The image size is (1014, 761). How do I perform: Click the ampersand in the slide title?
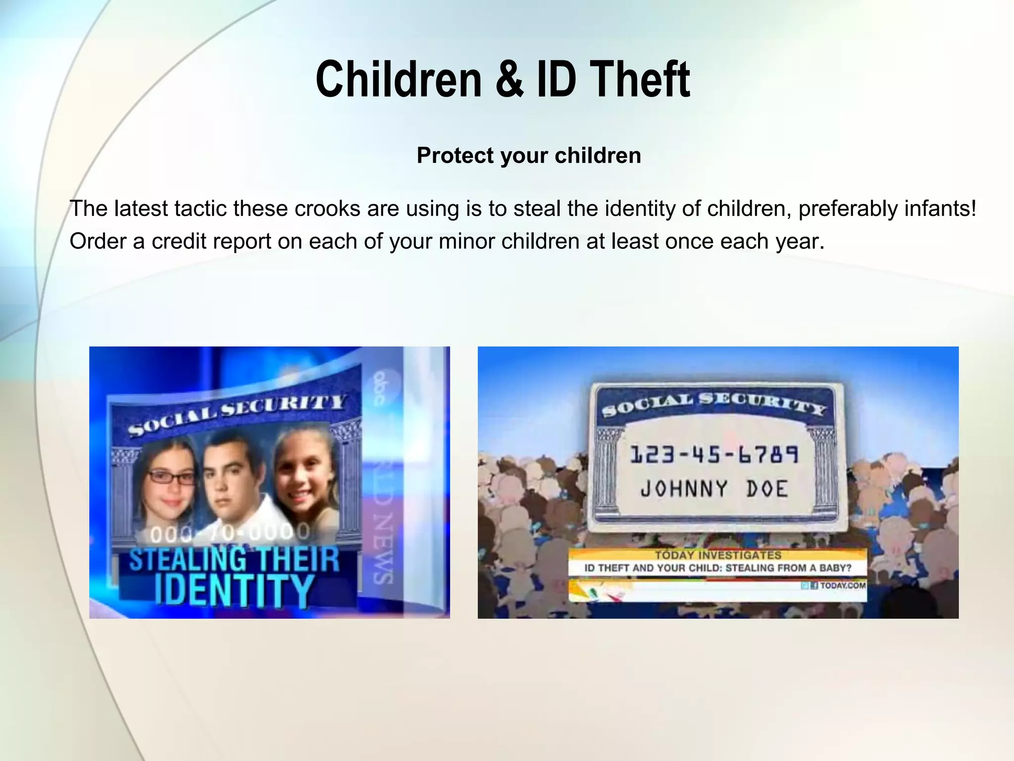pyautogui.click(x=508, y=79)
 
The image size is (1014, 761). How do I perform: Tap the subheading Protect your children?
pyautogui.click(x=529, y=156)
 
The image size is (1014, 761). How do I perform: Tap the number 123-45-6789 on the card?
pyautogui.click(x=714, y=455)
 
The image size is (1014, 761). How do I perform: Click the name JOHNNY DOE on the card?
pyautogui.click(x=714, y=489)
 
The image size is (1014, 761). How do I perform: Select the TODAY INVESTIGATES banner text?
pyautogui.click(x=718, y=555)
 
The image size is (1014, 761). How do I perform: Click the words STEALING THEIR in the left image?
pyautogui.click(x=234, y=559)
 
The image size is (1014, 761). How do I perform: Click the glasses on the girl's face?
pyautogui.click(x=172, y=478)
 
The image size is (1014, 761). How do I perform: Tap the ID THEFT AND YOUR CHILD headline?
pyautogui.click(x=718, y=568)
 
